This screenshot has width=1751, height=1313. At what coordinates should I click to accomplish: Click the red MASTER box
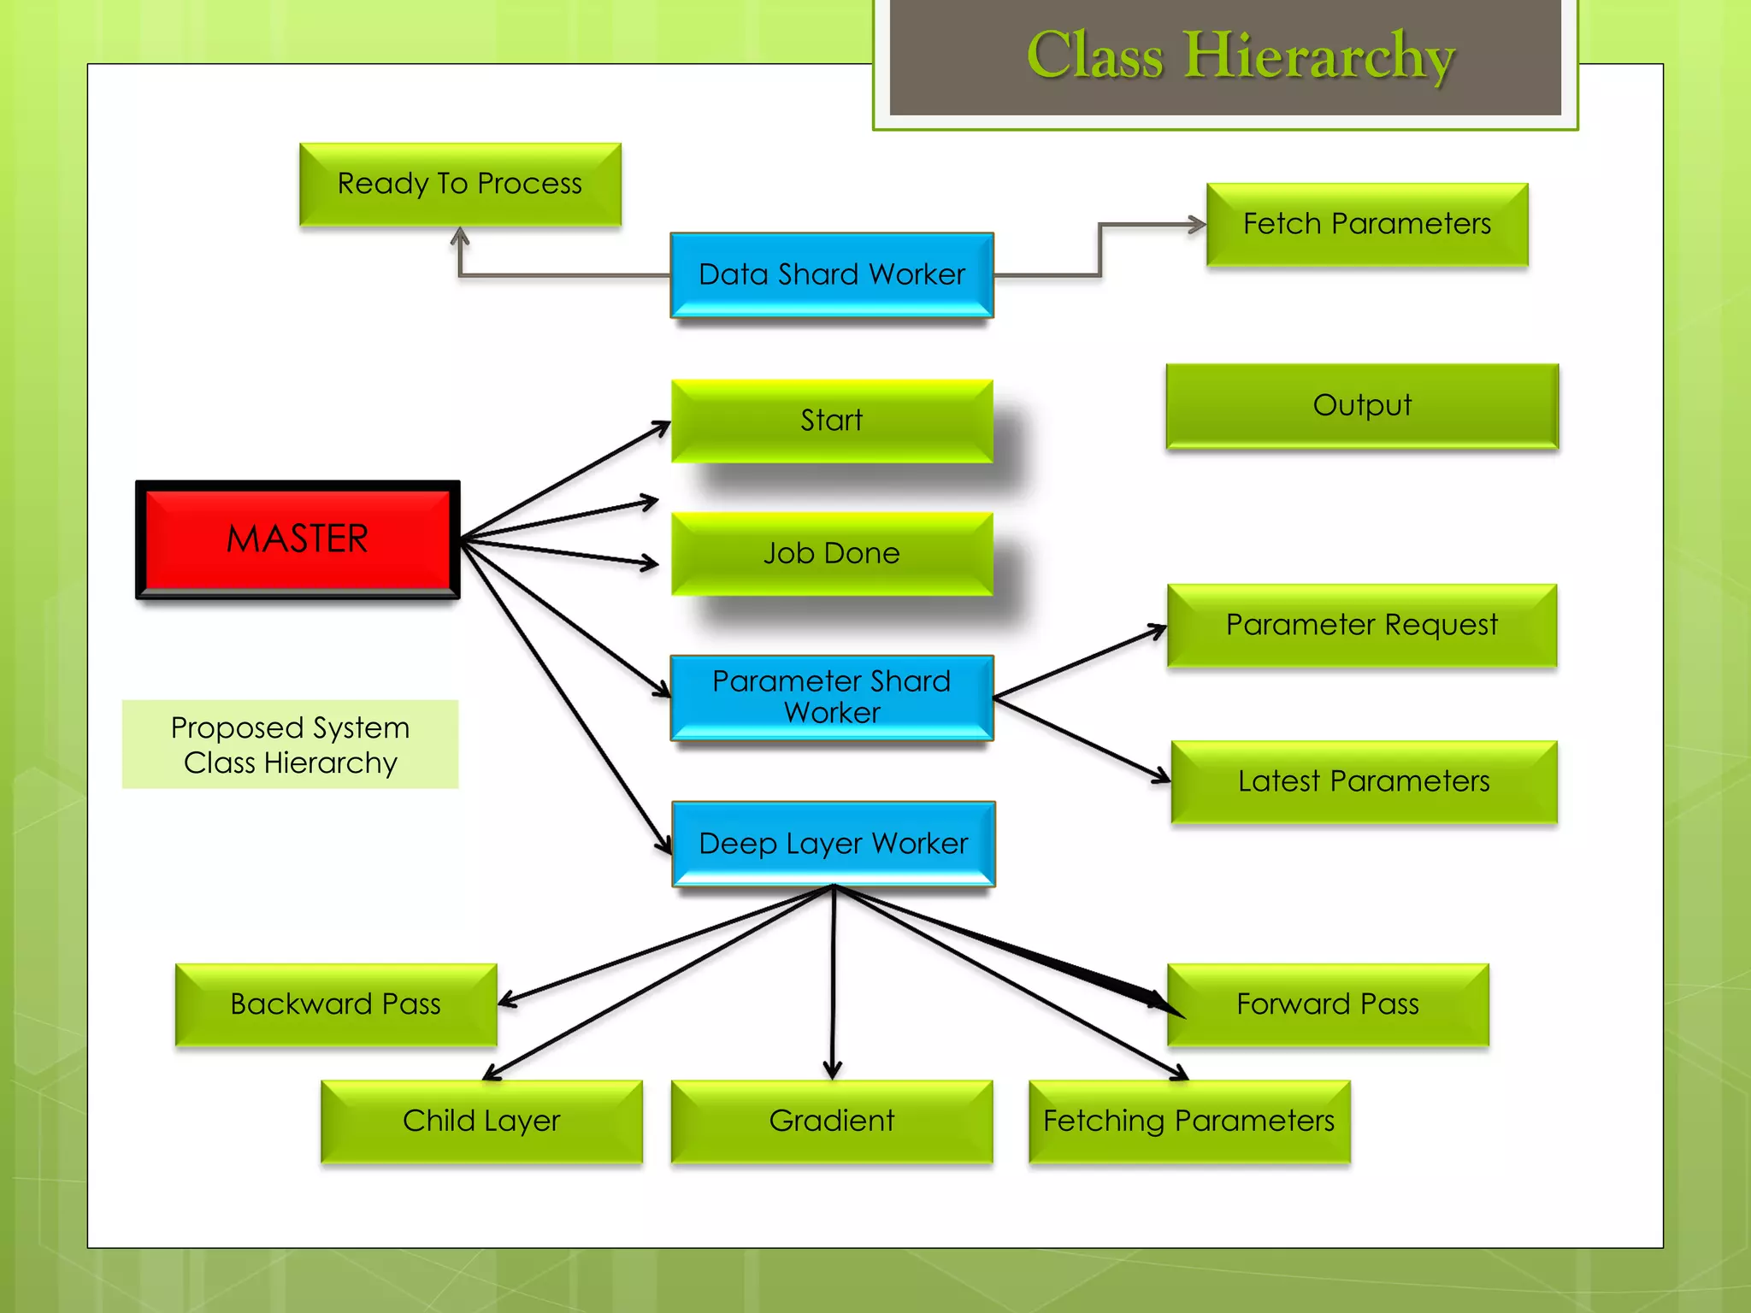(x=298, y=539)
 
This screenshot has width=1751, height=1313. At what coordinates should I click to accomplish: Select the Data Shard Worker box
(x=831, y=274)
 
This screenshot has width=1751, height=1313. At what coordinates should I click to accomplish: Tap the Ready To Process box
(x=460, y=184)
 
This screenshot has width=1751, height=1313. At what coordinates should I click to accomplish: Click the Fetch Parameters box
(x=1366, y=224)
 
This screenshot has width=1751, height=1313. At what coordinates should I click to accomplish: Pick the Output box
(x=1362, y=405)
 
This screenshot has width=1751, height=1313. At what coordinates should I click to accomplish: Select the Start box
(x=831, y=421)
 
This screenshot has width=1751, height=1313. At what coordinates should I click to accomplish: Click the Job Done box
(x=831, y=554)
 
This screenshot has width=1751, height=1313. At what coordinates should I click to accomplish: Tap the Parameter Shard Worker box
(x=831, y=697)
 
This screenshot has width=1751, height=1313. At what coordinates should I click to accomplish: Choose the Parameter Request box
(x=1361, y=625)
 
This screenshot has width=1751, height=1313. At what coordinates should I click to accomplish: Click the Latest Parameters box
(x=1364, y=781)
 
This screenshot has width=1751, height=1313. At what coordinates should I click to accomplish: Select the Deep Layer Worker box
(x=833, y=844)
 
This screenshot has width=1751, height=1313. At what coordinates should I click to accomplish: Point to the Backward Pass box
(x=335, y=1004)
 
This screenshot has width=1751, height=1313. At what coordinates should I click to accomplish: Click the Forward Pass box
(x=1327, y=1004)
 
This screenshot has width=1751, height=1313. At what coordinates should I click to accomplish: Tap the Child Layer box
(x=481, y=1121)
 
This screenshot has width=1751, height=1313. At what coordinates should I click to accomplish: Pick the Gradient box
(x=831, y=1121)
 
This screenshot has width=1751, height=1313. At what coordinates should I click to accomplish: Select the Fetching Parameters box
(x=1188, y=1121)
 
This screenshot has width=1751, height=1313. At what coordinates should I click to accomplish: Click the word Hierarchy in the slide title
(x=1318, y=56)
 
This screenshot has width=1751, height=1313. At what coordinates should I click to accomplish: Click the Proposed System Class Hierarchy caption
(x=290, y=745)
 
